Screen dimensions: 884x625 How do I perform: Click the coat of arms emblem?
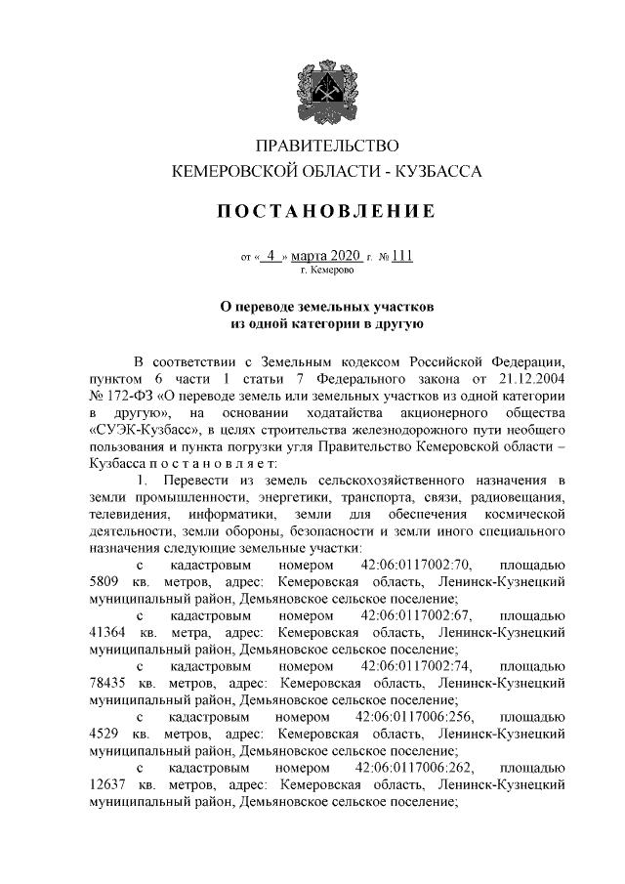tap(312, 92)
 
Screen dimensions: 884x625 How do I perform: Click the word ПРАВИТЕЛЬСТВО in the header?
tap(326, 147)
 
